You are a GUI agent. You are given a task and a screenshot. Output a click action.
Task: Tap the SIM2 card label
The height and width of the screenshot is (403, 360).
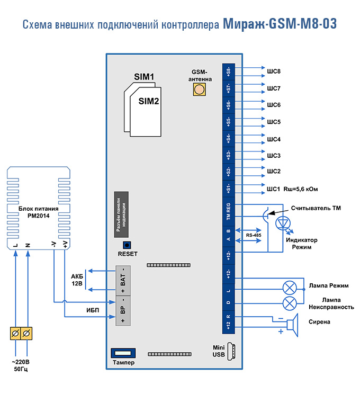tap(149, 101)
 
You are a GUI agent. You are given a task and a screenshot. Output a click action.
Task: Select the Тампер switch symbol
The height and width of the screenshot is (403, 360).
tap(123, 352)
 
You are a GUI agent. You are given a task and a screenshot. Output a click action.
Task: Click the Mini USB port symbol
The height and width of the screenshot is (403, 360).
tap(230, 351)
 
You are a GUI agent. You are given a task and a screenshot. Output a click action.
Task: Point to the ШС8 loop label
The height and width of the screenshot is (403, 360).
tap(274, 71)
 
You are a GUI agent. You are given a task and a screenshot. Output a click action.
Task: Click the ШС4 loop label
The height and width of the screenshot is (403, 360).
tap(274, 139)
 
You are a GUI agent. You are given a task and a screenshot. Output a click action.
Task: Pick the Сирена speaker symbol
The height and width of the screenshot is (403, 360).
tap(292, 323)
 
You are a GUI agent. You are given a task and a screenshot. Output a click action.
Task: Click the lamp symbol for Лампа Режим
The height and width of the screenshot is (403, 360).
tap(289, 287)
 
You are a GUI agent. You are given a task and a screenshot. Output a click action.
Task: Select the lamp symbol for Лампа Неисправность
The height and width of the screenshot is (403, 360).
tap(289, 303)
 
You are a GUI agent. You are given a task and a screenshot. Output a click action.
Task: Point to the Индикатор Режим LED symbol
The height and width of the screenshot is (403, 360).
tap(284, 223)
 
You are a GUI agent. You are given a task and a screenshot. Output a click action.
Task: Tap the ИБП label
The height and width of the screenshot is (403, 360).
tap(78, 310)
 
